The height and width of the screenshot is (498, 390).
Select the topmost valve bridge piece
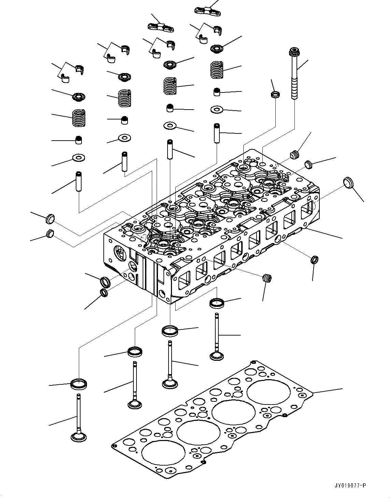pyautogui.click(x=208, y=11)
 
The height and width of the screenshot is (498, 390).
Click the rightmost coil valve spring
pyautogui.click(x=217, y=70)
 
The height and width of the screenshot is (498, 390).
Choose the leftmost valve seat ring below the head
pyautogui.click(x=79, y=384)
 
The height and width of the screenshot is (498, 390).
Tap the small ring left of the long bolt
pyautogui.click(x=275, y=94)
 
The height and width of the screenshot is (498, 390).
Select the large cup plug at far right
pyautogui.click(x=348, y=183)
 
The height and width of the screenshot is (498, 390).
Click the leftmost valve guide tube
pyautogui.click(x=79, y=181)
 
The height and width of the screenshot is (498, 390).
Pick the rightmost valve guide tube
pyautogui.click(x=217, y=133)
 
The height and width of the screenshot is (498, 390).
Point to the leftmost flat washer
pyautogui.click(x=78, y=158)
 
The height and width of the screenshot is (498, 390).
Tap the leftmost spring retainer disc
pyautogui.click(x=78, y=97)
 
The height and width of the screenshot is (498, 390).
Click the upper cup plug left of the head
pyautogui.click(x=50, y=219)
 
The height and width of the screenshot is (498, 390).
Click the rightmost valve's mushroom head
pyautogui.click(x=217, y=356)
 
